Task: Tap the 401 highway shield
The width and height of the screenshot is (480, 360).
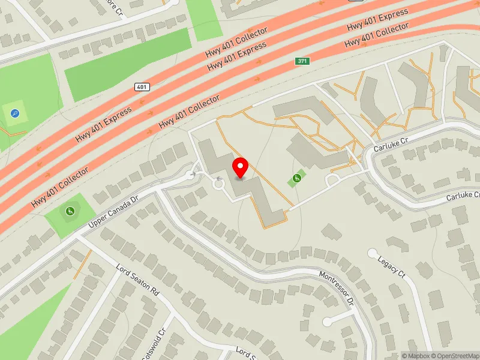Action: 142,87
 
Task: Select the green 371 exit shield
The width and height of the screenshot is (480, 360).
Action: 302,61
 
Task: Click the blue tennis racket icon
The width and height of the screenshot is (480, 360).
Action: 15,113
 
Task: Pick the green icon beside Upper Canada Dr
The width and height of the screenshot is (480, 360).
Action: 70,210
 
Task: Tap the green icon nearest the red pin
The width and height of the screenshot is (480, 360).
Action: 296,178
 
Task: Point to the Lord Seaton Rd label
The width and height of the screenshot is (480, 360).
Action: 138,280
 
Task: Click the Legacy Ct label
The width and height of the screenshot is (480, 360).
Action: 392,266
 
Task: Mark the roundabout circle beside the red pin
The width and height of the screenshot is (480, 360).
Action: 219,185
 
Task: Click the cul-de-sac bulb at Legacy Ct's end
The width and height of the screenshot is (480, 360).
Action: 372,253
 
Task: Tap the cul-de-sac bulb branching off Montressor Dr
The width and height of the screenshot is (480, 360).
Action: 328,322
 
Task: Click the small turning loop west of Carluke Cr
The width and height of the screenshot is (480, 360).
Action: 332,181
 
